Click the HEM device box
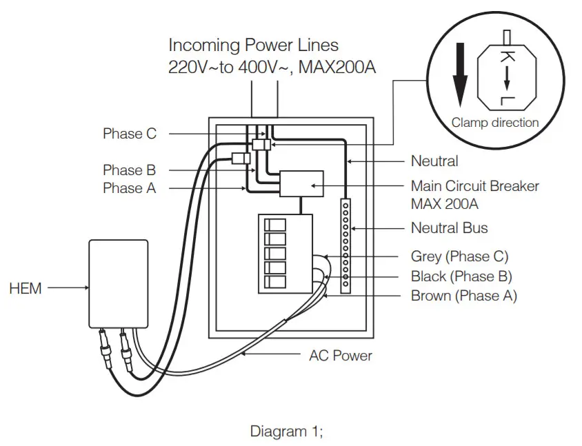tap(119, 283)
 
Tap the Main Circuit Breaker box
tap(302, 184)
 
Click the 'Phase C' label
tap(130, 134)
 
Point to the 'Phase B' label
tap(130, 170)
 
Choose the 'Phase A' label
tap(130, 187)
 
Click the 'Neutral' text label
tap(434, 161)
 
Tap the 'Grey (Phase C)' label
tap(459, 256)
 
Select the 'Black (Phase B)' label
tap(461, 276)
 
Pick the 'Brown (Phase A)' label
tap(463, 296)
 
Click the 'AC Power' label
tap(340, 356)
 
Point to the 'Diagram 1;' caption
tap(286, 432)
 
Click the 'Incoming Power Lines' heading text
tap(254, 45)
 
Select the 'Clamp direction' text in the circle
tap(495, 123)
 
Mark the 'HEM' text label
tap(26, 289)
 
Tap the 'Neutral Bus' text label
tap(450, 227)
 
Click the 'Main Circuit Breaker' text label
tap(475, 186)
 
